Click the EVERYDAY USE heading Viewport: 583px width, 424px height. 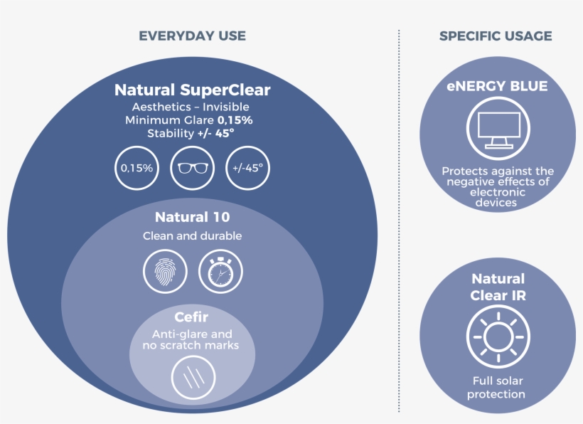192,36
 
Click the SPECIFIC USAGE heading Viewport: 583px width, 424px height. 496,36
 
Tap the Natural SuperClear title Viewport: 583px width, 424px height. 192,90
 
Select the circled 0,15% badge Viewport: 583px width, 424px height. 137,168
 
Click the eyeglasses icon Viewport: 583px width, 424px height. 192,168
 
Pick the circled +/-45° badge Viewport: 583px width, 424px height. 247,168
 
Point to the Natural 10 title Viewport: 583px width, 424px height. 192,217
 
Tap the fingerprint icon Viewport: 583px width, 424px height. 165,272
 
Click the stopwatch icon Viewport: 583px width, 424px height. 220,272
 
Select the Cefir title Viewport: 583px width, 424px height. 191,317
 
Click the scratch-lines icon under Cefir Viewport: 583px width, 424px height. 193,378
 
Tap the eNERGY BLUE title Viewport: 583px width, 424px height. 497,86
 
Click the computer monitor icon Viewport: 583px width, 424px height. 498,129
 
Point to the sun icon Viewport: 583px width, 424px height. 498,337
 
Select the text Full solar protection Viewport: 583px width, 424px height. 497,388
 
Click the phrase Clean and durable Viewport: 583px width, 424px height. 192,235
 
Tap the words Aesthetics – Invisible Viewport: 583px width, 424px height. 191,107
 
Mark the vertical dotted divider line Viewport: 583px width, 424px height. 399,221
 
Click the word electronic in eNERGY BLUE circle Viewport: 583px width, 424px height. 498,192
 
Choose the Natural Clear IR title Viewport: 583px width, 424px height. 498,287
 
